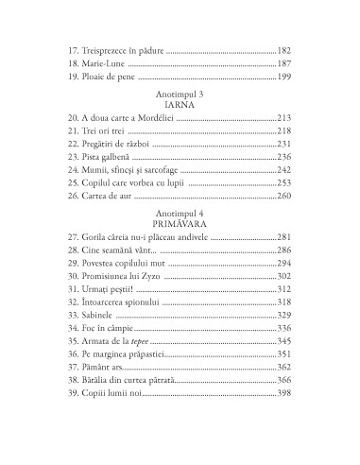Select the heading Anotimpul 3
(180, 95)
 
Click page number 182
(284, 47)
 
